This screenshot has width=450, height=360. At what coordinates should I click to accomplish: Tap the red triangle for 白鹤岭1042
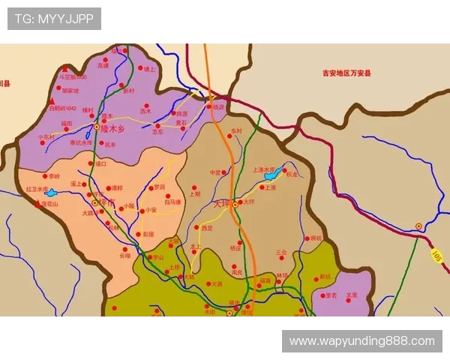tap(52, 100)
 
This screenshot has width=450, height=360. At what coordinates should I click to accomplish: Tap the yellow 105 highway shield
tap(436, 256)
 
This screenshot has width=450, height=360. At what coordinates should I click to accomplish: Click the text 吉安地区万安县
tap(346, 73)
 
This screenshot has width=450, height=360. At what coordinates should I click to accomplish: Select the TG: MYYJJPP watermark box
tap(54, 18)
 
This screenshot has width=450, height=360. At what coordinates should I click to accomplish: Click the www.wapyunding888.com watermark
tap(362, 341)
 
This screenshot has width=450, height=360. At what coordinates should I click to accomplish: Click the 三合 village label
tap(281, 253)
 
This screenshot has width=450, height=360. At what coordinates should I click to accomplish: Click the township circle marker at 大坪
tap(235, 203)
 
